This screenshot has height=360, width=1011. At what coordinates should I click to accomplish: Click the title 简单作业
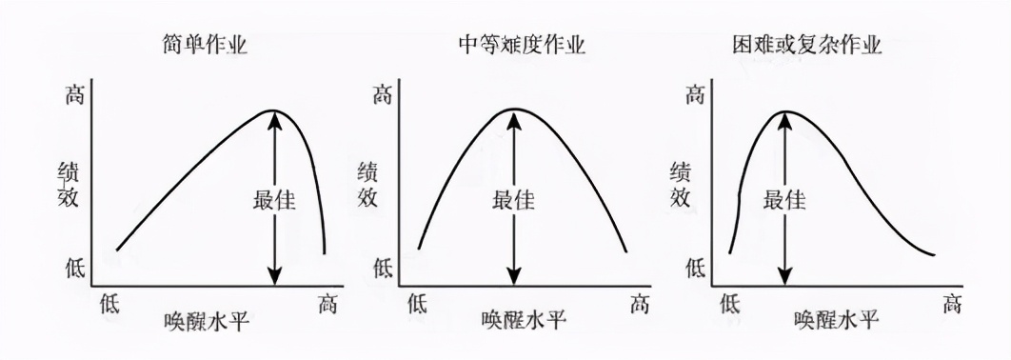206,45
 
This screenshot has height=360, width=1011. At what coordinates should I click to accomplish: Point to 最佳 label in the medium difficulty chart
514,201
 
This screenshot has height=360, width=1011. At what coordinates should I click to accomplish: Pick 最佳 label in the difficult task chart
785,201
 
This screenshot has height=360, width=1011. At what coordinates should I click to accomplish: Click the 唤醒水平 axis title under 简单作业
207,320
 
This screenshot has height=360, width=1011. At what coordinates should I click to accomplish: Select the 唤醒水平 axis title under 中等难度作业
523,320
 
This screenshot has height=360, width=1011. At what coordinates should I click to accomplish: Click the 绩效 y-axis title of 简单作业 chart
70,185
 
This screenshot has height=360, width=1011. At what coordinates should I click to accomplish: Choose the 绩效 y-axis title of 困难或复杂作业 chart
681,185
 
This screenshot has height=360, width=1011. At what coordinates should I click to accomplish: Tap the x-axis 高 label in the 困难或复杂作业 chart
953,305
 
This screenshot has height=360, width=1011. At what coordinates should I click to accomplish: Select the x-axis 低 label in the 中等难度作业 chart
418,305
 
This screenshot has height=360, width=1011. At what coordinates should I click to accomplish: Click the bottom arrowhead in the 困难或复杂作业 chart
784,277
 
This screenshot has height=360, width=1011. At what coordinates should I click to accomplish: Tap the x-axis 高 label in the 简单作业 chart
327,305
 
